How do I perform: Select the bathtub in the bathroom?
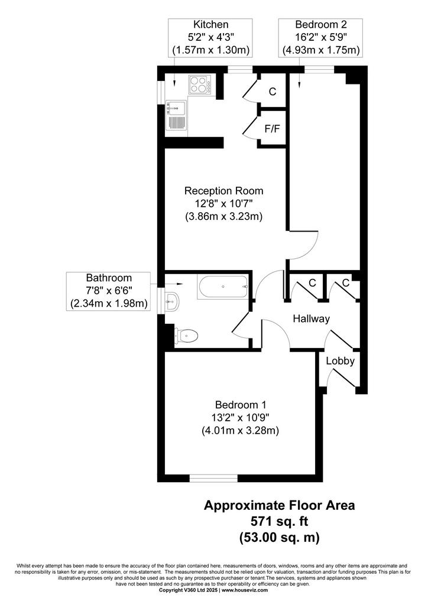coord(223,287)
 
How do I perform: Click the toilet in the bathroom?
coord(186,336)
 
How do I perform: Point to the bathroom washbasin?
coord(171,302)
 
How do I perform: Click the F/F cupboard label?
coord(273,128)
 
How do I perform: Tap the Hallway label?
coord(311,318)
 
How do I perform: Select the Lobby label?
coord(341,361)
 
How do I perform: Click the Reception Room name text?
coord(224,191)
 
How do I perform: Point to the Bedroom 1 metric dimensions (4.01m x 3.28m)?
coord(240,430)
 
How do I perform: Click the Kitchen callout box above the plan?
coord(210,38)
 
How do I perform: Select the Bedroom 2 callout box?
coord(321,38)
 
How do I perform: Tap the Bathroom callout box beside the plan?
coord(108,291)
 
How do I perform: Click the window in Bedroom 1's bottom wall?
coord(213,479)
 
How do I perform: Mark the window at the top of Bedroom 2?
coord(319,70)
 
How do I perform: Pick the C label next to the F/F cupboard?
coord(273,92)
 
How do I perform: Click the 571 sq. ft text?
coord(280,521)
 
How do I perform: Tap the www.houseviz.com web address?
coord(244,590)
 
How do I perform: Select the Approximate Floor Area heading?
coord(280,505)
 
